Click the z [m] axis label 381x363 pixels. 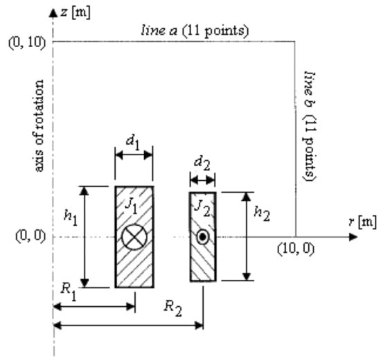coord(76,12)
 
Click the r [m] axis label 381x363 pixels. coord(363,222)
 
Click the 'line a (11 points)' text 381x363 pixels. coord(195,31)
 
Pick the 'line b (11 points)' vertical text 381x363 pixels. coord(310,126)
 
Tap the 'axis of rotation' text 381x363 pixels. coord(38,125)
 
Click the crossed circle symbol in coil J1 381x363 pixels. coord(134,237)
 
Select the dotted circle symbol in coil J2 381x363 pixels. coord(203,237)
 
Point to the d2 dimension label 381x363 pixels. coord(202,163)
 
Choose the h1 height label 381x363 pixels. coord(71,217)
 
